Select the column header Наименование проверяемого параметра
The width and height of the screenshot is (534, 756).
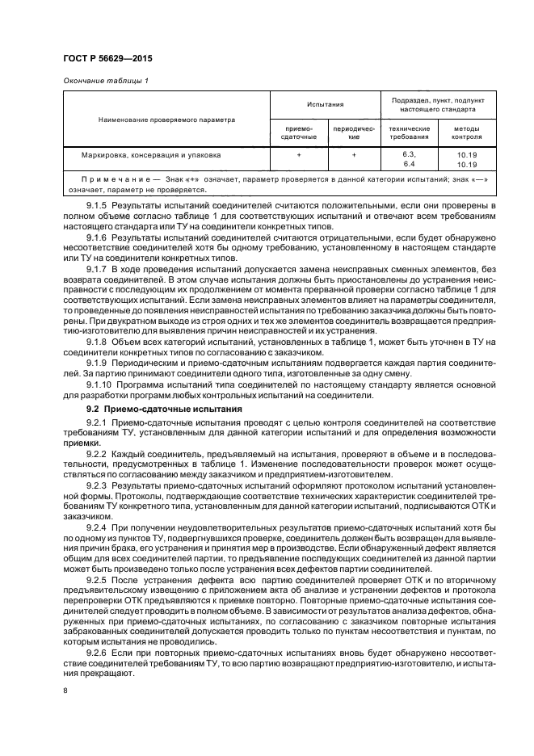pos(166,119)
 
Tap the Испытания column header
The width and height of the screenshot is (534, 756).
pos(325,104)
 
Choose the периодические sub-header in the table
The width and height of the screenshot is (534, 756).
pos(353,132)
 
